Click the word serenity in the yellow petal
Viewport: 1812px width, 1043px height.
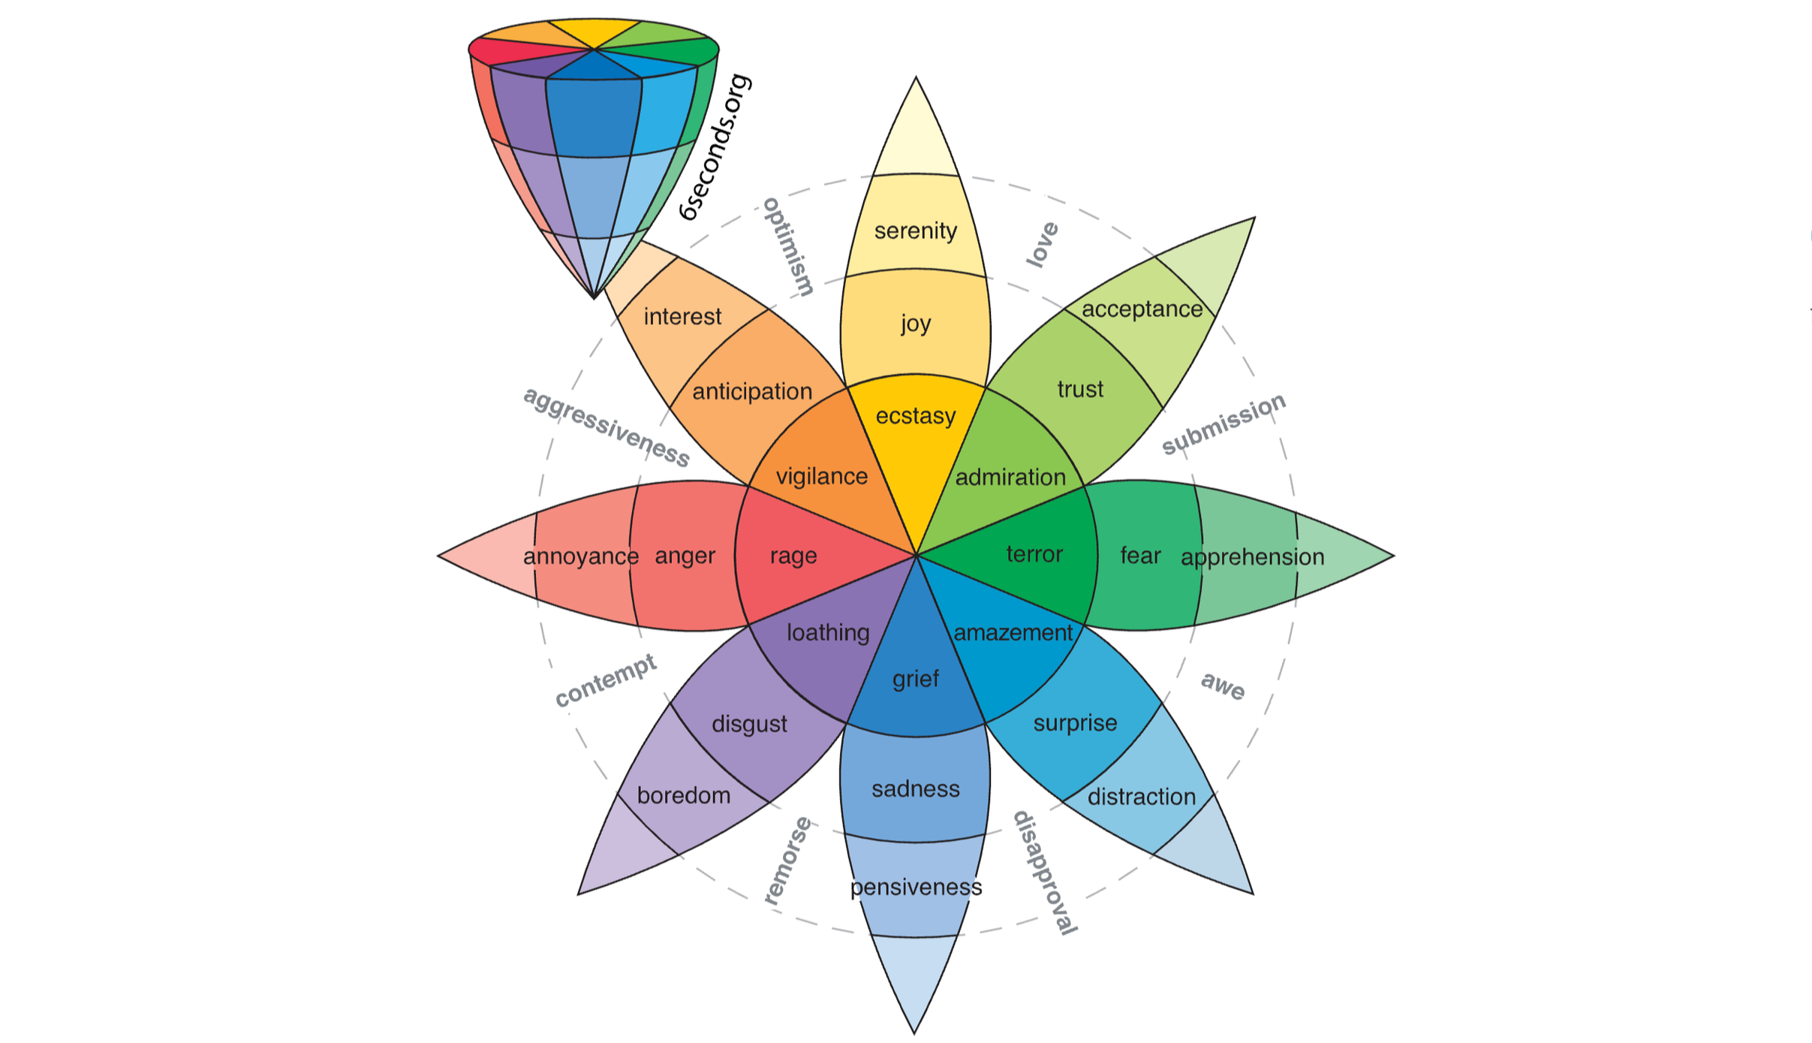(x=915, y=231)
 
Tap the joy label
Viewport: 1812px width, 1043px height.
(x=915, y=324)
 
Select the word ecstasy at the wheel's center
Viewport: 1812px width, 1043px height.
(x=915, y=415)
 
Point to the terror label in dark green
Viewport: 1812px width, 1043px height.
(x=1034, y=554)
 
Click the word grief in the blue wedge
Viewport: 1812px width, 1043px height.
(x=915, y=679)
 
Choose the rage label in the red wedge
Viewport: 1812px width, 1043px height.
(x=793, y=556)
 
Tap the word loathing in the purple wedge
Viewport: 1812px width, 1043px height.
(x=827, y=632)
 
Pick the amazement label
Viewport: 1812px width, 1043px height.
(x=1013, y=632)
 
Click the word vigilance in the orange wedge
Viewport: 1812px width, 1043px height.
(x=821, y=476)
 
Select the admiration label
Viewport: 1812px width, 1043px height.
(x=1010, y=477)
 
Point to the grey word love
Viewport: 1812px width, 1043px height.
(x=1042, y=244)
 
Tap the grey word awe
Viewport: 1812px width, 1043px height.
(x=1223, y=686)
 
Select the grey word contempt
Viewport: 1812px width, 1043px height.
(x=605, y=680)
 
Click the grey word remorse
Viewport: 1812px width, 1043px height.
(x=787, y=861)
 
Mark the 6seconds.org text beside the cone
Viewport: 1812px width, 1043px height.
(x=714, y=147)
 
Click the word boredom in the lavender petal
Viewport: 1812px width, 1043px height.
(x=683, y=795)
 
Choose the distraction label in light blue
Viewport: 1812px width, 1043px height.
(x=1141, y=797)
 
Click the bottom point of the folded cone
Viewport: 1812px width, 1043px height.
(x=594, y=297)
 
